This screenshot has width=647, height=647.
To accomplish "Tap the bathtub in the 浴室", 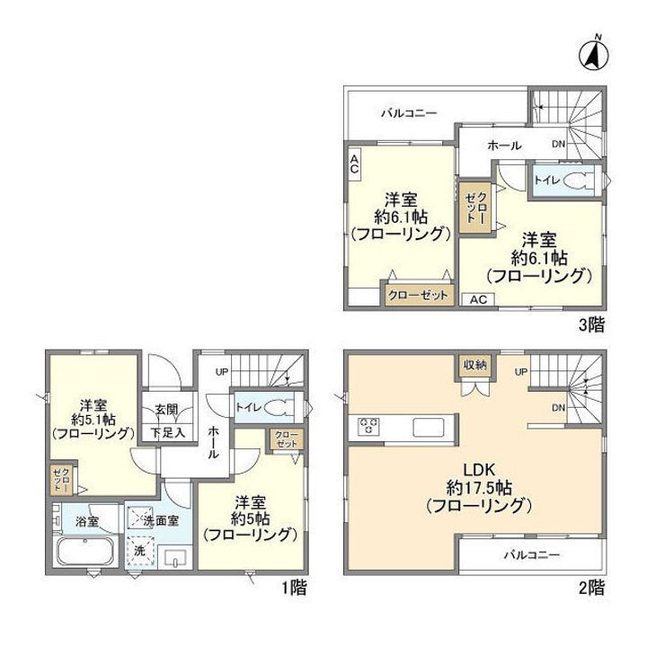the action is click(85, 551).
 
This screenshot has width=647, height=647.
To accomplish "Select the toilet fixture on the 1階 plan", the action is click(278, 408).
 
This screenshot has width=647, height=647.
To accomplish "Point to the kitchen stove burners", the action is click(369, 426).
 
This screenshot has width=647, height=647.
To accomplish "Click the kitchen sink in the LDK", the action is click(429, 427).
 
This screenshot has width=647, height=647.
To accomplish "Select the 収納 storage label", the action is click(475, 364).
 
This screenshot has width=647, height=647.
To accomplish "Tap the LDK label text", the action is click(479, 469).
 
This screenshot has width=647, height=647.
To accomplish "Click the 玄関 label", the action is click(167, 410).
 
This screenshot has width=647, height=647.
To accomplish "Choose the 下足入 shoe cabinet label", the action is click(167, 433).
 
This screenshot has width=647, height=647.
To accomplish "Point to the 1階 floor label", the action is click(294, 587).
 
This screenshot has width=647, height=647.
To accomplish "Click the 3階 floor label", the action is click(591, 325).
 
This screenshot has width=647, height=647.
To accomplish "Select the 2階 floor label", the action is click(591, 587).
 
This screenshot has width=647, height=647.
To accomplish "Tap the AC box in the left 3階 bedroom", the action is click(354, 164).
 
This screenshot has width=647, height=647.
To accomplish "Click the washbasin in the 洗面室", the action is click(175, 558).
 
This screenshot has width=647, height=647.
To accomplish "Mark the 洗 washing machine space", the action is click(140, 551).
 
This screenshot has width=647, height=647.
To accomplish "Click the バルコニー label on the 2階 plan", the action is click(531, 554).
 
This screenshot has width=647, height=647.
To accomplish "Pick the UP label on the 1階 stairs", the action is click(222, 372).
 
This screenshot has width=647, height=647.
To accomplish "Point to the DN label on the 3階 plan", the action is click(558, 144).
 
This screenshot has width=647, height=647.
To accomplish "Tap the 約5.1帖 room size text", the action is click(93, 420).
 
